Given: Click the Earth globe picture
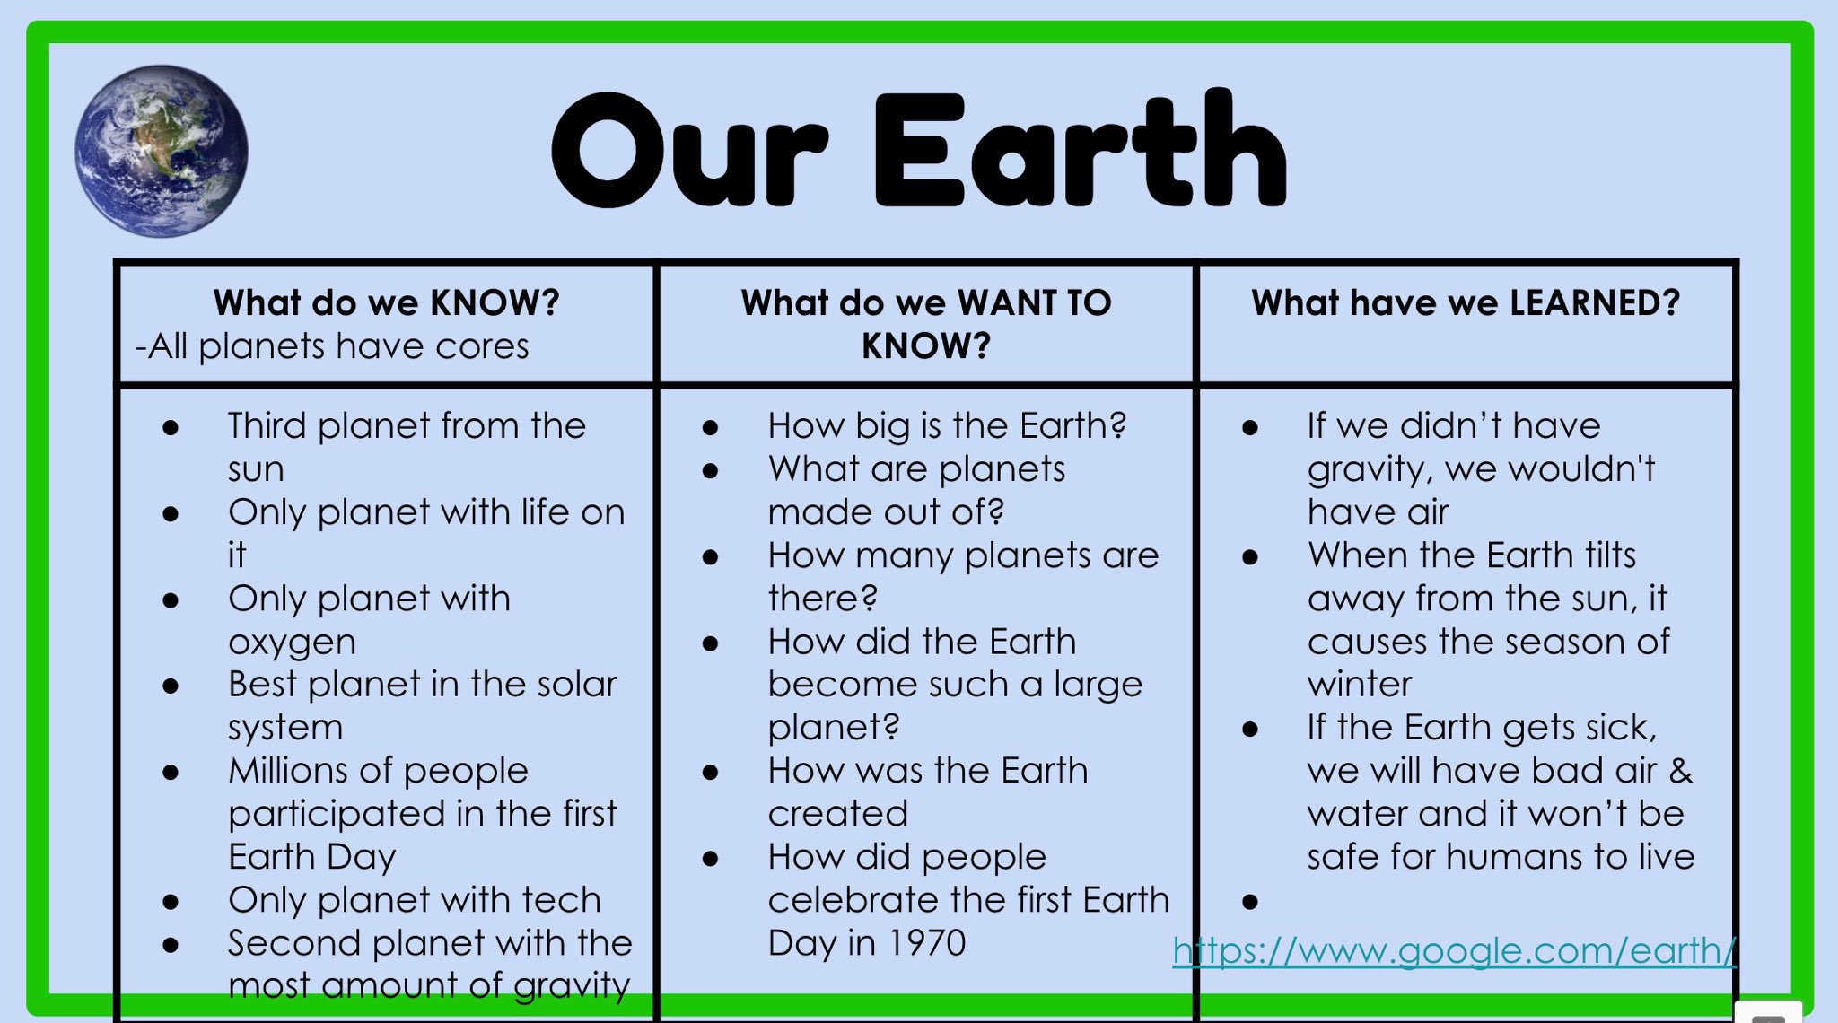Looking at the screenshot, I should click(x=162, y=151).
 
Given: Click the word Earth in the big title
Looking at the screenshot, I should click(x=1081, y=151).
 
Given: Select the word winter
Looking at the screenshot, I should click(x=1359, y=685).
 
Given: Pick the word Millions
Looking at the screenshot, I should click(x=288, y=771).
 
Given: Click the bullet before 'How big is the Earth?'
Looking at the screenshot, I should click(x=711, y=428).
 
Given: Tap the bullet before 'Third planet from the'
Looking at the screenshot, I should click(x=171, y=428).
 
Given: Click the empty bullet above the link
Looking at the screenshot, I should click(x=1250, y=902).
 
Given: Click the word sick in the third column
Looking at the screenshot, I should click(x=1623, y=728).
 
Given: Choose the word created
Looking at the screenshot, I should click(x=838, y=814).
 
